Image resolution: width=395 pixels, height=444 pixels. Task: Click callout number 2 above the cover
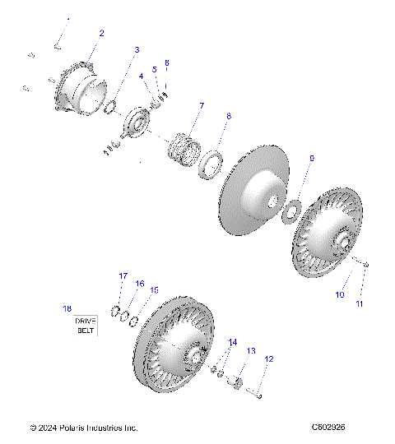pyautogui.click(x=101, y=34)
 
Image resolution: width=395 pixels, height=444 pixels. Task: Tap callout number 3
pyautogui.click(x=137, y=50)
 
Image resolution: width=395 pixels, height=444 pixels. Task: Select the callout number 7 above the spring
pyautogui.click(x=200, y=106)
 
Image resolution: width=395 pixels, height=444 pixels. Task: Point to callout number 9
pyautogui.click(x=311, y=157)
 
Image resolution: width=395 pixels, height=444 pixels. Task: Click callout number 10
pyautogui.click(x=339, y=294)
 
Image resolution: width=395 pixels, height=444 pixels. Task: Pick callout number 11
pyautogui.click(x=359, y=304)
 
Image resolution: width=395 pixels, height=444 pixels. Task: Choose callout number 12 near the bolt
pyautogui.click(x=268, y=359)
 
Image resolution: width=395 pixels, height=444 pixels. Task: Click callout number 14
pyautogui.click(x=232, y=341)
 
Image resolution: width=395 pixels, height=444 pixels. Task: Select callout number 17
pyautogui.click(x=123, y=275)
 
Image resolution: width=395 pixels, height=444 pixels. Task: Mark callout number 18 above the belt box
pyautogui.click(x=67, y=308)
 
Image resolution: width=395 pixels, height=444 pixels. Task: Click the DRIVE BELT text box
pyautogui.click(x=86, y=325)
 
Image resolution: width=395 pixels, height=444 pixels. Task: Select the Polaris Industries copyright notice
pyautogui.click(x=83, y=428)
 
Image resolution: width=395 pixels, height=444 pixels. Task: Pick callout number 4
pyautogui.click(x=141, y=76)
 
